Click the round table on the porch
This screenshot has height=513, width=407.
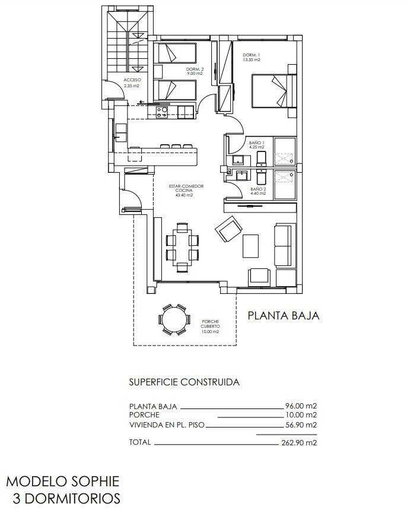point(174,319)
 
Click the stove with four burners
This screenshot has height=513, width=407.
point(162,113)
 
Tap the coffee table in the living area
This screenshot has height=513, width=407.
point(251,245)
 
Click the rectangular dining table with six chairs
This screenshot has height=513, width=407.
point(182,248)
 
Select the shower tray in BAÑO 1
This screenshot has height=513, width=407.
point(285,151)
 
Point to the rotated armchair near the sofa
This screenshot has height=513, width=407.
point(228,229)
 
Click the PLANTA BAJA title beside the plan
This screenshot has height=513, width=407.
point(284,315)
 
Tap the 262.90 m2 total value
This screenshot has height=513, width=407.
point(299,443)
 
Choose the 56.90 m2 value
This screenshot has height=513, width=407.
point(301,425)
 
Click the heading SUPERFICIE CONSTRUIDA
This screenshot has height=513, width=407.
point(185,382)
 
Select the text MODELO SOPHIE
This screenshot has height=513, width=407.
point(63,482)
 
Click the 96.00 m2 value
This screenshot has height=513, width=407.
point(301,406)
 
